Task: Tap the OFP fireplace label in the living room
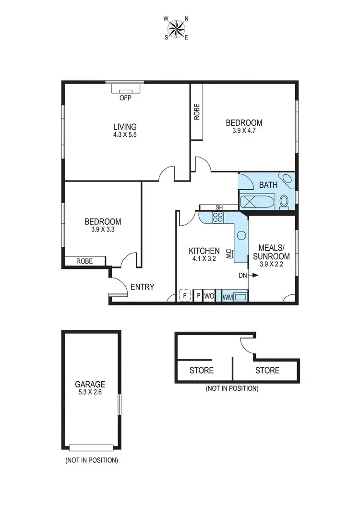(125, 98)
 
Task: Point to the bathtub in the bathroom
(257, 201)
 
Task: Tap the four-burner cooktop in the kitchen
(217, 218)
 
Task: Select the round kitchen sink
(241, 236)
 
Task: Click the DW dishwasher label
(228, 253)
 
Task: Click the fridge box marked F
(185, 295)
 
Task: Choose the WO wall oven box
(209, 296)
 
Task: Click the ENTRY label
(143, 287)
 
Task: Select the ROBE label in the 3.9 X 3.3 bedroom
(84, 261)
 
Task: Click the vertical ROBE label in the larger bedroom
(197, 112)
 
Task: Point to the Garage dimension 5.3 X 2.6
(90, 392)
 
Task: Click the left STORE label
(202, 371)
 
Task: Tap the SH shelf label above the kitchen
(219, 207)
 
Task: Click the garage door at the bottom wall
(91, 448)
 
